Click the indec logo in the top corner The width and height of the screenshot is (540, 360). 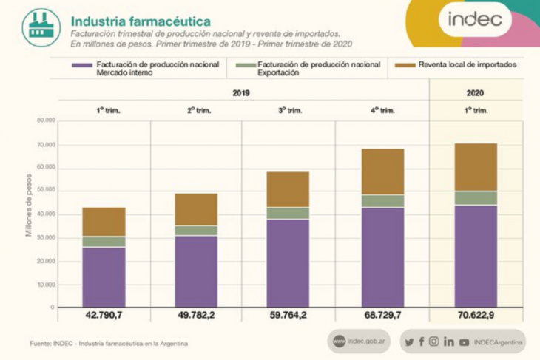click(x=474, y=20)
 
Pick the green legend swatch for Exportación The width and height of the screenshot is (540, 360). click(x=243, y=65)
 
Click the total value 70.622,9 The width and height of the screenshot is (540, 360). click(x=476, y=316)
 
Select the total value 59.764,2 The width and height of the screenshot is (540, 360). click(x=288, y=316)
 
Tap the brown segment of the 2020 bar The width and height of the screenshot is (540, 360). click(x=476, y=167)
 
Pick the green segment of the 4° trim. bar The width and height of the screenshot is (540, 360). click(x=382, y=201)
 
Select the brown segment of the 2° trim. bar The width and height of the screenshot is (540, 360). click(x=196, y=209)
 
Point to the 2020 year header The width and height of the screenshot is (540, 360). click(x=476, y=94)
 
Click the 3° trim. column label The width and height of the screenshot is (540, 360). click(x=288, y=110)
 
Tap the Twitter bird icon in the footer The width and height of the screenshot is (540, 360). click(x=409, y=342)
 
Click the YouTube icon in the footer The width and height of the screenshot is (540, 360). click(x=464, y=342)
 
